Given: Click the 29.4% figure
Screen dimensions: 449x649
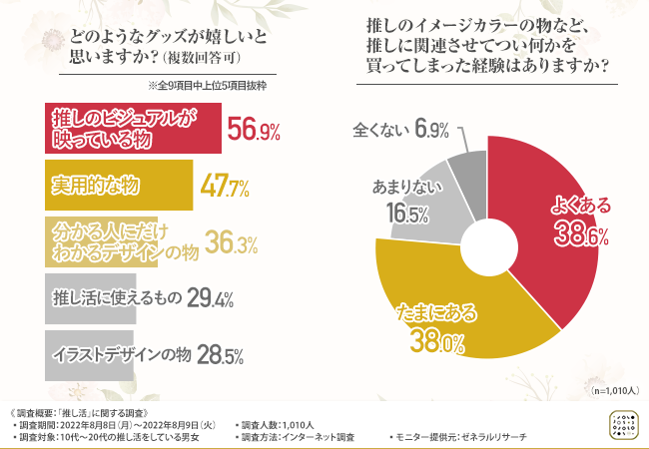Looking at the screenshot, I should tap(211, 297).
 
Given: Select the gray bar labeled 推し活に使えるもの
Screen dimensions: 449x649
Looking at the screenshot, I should tap(90, 297).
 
